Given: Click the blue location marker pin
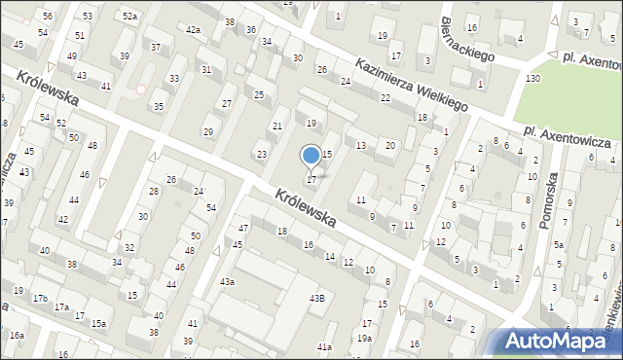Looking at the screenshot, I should pyautogui.click(x=311, y=155).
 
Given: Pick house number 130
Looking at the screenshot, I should pyautogui.click(x=532, y=78).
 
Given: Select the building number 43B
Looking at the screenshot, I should pyautogui.click(x=316, y=298).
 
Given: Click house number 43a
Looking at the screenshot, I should pyautogui.click(x=227, y=281).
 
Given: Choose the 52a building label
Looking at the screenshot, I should pyautogui.click(x=129, y=16).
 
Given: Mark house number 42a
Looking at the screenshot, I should pyautogui.click(x=193, y=30).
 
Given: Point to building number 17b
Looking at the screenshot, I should pyautogui.click(x=40, y=299).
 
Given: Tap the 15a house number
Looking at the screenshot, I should pyautogui.click(x=98, y=323).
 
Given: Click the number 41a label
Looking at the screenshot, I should pyautogui.click(x=325, y=346).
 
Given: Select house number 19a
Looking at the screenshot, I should pyautogui.click(x=364, y=338).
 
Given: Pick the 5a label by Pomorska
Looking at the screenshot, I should pyautogui.click(x=559, y=245).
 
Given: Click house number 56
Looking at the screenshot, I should pyautogui.click(x=48, y=17).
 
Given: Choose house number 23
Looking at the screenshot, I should pyautogui.click(x=261, y=155).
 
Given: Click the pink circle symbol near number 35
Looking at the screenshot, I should pyautogui.click(x=141, y=90).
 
